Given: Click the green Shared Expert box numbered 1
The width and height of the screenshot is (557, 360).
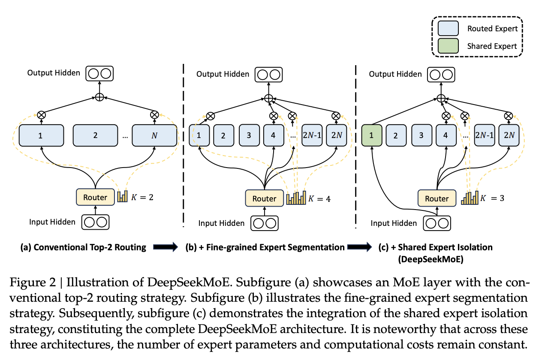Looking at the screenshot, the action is point(371,135).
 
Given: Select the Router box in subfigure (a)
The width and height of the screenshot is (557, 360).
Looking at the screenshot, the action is point(95,197).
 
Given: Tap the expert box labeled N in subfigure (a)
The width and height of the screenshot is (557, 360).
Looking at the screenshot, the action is point(154,135).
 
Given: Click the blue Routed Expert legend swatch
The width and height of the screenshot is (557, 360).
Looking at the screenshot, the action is point(448,28).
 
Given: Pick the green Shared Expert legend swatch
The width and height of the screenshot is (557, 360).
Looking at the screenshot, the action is point(448,46).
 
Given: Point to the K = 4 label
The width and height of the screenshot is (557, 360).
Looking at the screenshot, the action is point(319,199).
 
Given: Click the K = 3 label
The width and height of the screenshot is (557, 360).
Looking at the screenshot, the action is point(492,198).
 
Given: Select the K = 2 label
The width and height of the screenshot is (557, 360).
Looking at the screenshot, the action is point(142,197).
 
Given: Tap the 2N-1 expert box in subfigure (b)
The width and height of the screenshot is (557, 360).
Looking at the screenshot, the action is point(312,135).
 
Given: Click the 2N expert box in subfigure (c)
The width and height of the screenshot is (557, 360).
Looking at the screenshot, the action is point(509,135).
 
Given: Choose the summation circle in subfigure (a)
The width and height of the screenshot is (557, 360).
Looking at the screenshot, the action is point(99,97).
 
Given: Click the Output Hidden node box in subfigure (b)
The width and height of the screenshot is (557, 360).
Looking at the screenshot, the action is point(268,74).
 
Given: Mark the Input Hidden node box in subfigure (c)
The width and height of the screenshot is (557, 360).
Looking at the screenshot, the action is point(437,223).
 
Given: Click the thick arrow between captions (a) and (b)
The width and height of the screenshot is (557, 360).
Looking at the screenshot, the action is point(166,247).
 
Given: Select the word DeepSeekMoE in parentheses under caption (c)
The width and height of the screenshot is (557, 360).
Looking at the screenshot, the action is point(431,259).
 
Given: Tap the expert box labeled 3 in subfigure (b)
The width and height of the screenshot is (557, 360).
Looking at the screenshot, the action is point(249,135).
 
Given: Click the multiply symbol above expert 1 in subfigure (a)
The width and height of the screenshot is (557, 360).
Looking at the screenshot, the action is point(41,115).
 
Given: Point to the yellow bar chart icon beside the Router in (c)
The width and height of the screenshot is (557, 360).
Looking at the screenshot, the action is point(470,198).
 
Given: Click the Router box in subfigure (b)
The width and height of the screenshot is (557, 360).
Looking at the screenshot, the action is point(264,198).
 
